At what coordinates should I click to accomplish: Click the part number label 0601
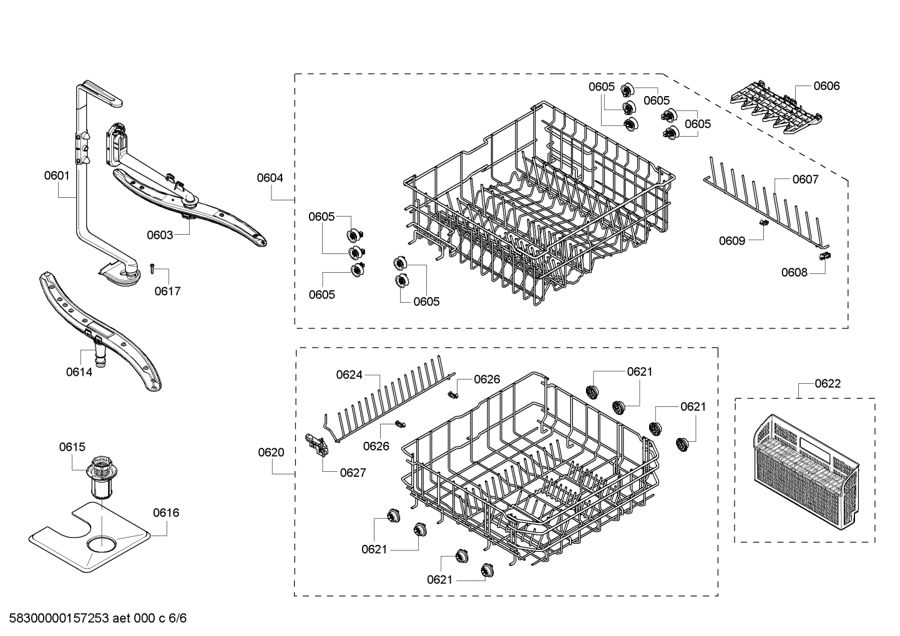point(56,176)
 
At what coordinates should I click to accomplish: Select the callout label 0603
point(160,235)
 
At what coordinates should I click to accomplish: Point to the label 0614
point(79,372)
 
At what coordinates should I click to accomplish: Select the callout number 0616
point(166,512)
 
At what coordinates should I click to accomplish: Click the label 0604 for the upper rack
point(270,178)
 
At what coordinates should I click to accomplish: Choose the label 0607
point(805,180)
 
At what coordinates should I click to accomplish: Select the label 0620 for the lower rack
point(271,453)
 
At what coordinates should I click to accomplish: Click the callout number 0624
point(349,374)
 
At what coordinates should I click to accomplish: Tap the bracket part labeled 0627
point(313,446)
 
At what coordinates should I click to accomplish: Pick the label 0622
point(828,383)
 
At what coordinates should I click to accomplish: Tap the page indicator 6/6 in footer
point(178,619)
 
